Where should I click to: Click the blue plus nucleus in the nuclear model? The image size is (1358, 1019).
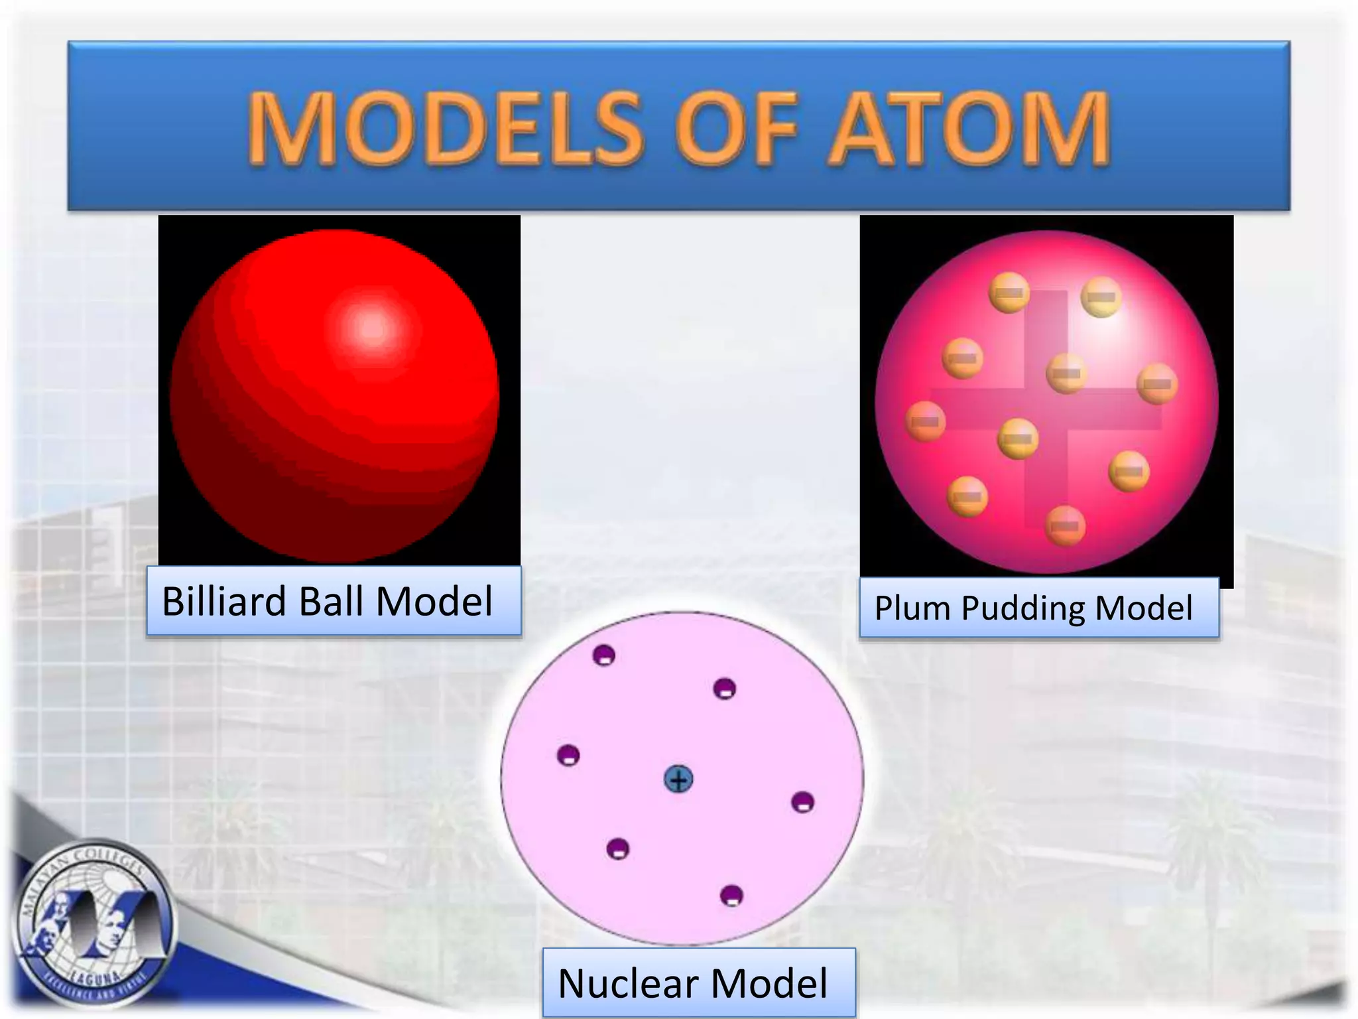678,780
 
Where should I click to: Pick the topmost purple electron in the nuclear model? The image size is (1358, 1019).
603,655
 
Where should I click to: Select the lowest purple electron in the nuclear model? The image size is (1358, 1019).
731,896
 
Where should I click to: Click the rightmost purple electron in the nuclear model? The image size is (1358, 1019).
803,802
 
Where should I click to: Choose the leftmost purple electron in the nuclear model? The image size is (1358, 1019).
568,755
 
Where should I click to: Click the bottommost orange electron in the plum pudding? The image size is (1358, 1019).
1065,525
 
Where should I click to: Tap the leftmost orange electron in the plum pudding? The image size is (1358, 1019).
926,421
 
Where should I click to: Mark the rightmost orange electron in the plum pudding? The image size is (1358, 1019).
1157,383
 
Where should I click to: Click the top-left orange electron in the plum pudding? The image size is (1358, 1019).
1009,292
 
